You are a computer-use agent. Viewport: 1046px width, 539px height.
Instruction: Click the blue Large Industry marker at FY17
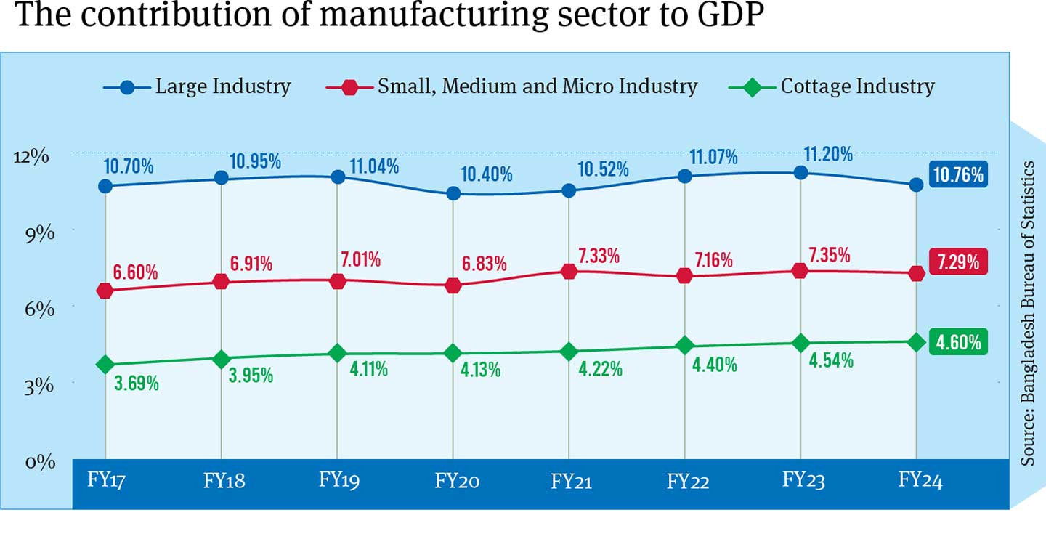click(x=105, y=186)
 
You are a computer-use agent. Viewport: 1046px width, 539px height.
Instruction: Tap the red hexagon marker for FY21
click(x=569, y=271)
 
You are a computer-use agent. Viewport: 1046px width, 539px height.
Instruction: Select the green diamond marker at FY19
click(x=337, y=353)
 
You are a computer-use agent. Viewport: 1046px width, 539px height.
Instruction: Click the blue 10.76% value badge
click(x=958, y=174)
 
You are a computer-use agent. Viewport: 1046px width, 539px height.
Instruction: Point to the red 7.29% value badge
click(x=958, y=262)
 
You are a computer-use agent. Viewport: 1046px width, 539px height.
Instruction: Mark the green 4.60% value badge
click(x=958, y=341)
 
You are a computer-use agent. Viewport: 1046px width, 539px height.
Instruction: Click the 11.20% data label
click(x=828, y=154)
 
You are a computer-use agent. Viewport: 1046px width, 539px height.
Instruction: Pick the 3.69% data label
click(x=137, y=383)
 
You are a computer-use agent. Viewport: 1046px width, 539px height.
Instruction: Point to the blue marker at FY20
click(x=453, y=193)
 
